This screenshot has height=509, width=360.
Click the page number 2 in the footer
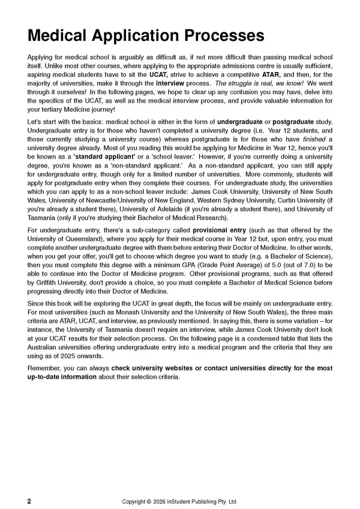pos(29,484)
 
